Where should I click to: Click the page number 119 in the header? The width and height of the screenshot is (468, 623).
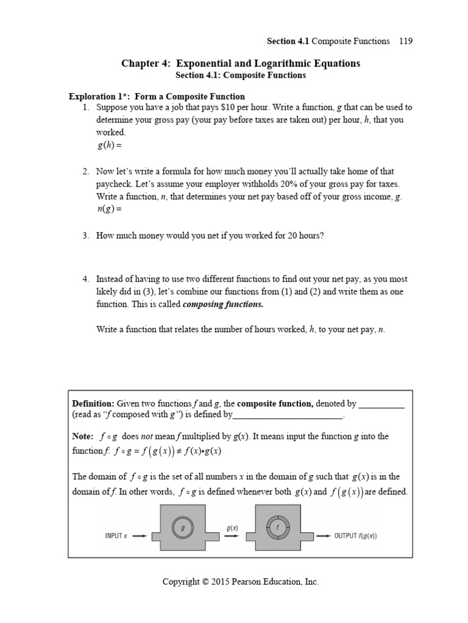(x=406, y=41)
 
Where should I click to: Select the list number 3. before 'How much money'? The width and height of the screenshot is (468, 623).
(x=86, y=235)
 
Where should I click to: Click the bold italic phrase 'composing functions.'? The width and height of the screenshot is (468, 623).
(x=224, y=304)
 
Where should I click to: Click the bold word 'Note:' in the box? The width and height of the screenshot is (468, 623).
(x=83, y=436)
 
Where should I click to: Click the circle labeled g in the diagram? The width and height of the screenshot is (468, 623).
(x=182, y=529)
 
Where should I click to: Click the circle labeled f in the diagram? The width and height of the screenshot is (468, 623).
(x=278, y=529)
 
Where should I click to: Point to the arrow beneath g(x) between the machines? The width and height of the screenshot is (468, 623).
(x=232, y=536)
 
